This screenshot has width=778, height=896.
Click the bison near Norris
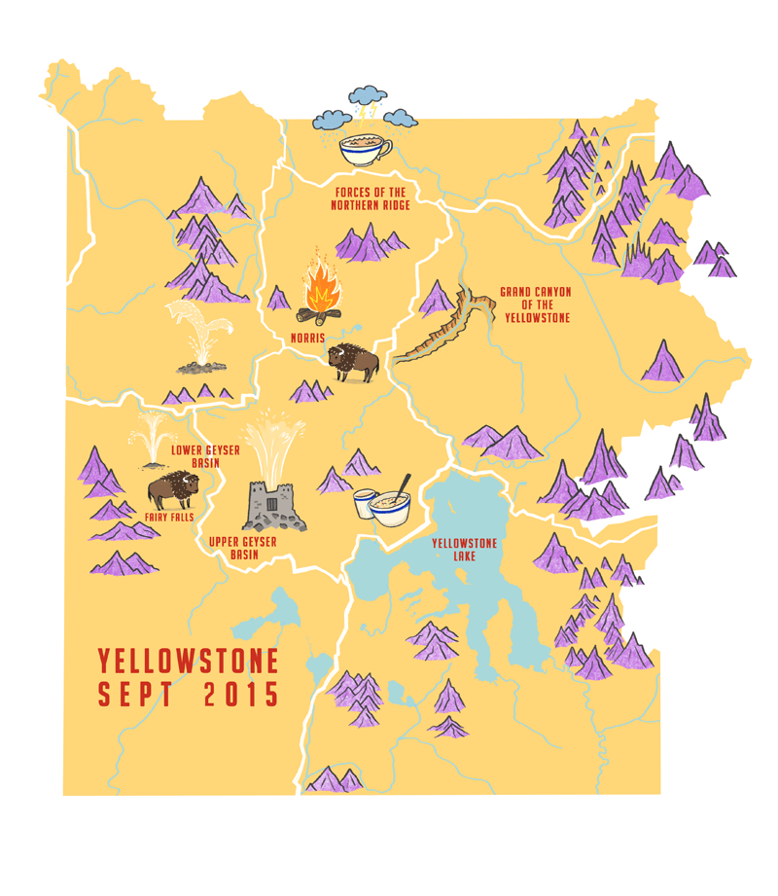352,362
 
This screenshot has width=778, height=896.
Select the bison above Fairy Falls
173,490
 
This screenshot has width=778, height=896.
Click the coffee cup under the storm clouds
365,149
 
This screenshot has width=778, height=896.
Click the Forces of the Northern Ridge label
370,198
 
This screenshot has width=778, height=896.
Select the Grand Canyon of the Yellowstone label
535,305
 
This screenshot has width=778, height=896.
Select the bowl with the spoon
391,506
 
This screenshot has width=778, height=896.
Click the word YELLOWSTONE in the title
188,663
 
